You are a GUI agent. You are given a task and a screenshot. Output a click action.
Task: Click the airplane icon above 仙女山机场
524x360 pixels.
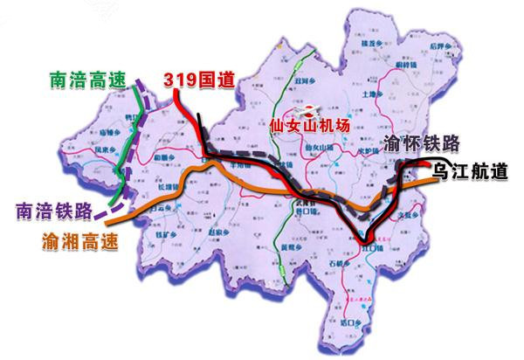(307, 110)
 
